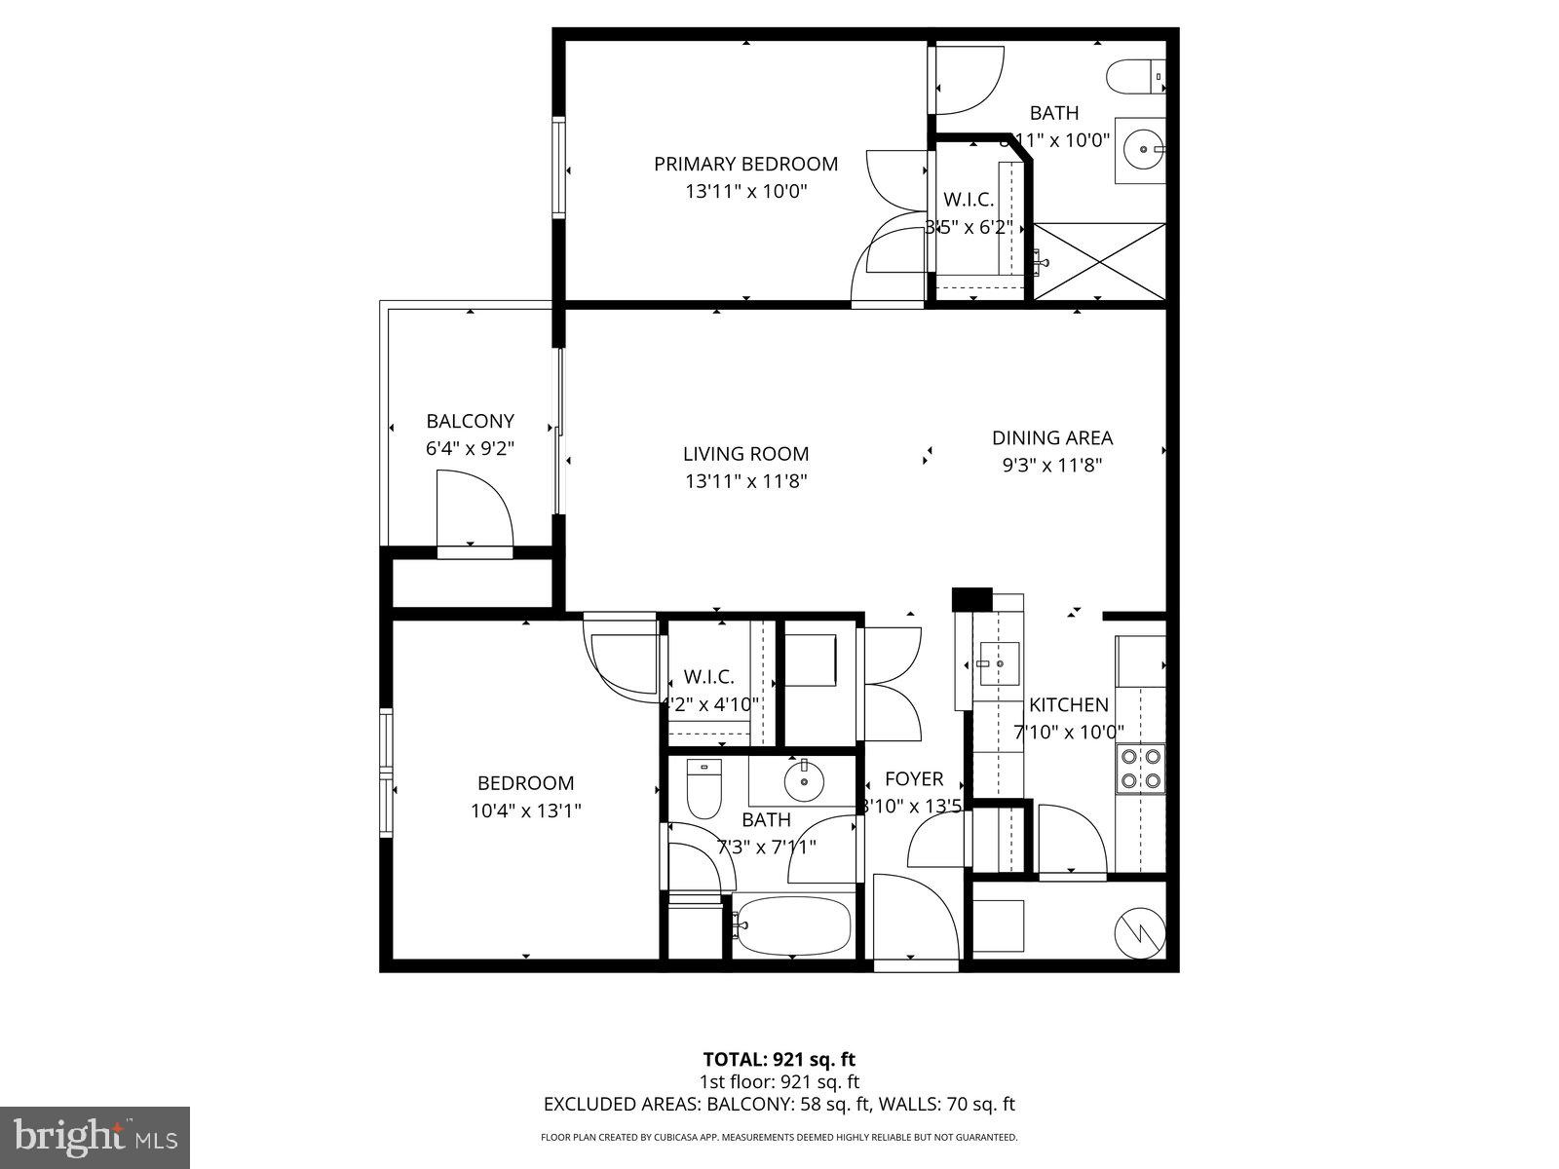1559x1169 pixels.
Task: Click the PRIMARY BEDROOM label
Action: pos(745,164)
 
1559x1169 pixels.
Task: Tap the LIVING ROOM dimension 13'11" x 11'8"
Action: pos(745,481)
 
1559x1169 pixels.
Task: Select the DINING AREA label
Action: pos(1052,438)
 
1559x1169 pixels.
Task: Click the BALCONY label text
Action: pos(470,422)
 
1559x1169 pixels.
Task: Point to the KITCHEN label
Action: pos(1069,705)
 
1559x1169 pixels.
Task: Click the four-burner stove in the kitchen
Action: pos(1140,767)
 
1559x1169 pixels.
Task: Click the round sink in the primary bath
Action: pos(1142,150)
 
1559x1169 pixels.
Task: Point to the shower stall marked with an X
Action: pos(1099,261)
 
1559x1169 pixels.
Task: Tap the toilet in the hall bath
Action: pos(703,788)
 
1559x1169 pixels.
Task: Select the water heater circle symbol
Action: pos(1139,932)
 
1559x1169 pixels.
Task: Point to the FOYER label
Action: pos(914,779)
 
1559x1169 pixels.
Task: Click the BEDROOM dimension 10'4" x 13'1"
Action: pos(525,811)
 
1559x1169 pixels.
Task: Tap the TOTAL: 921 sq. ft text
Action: pos(779,1059)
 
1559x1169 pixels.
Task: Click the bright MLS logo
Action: pos(95,1136)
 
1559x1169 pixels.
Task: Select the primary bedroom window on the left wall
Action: pos(559,168)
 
